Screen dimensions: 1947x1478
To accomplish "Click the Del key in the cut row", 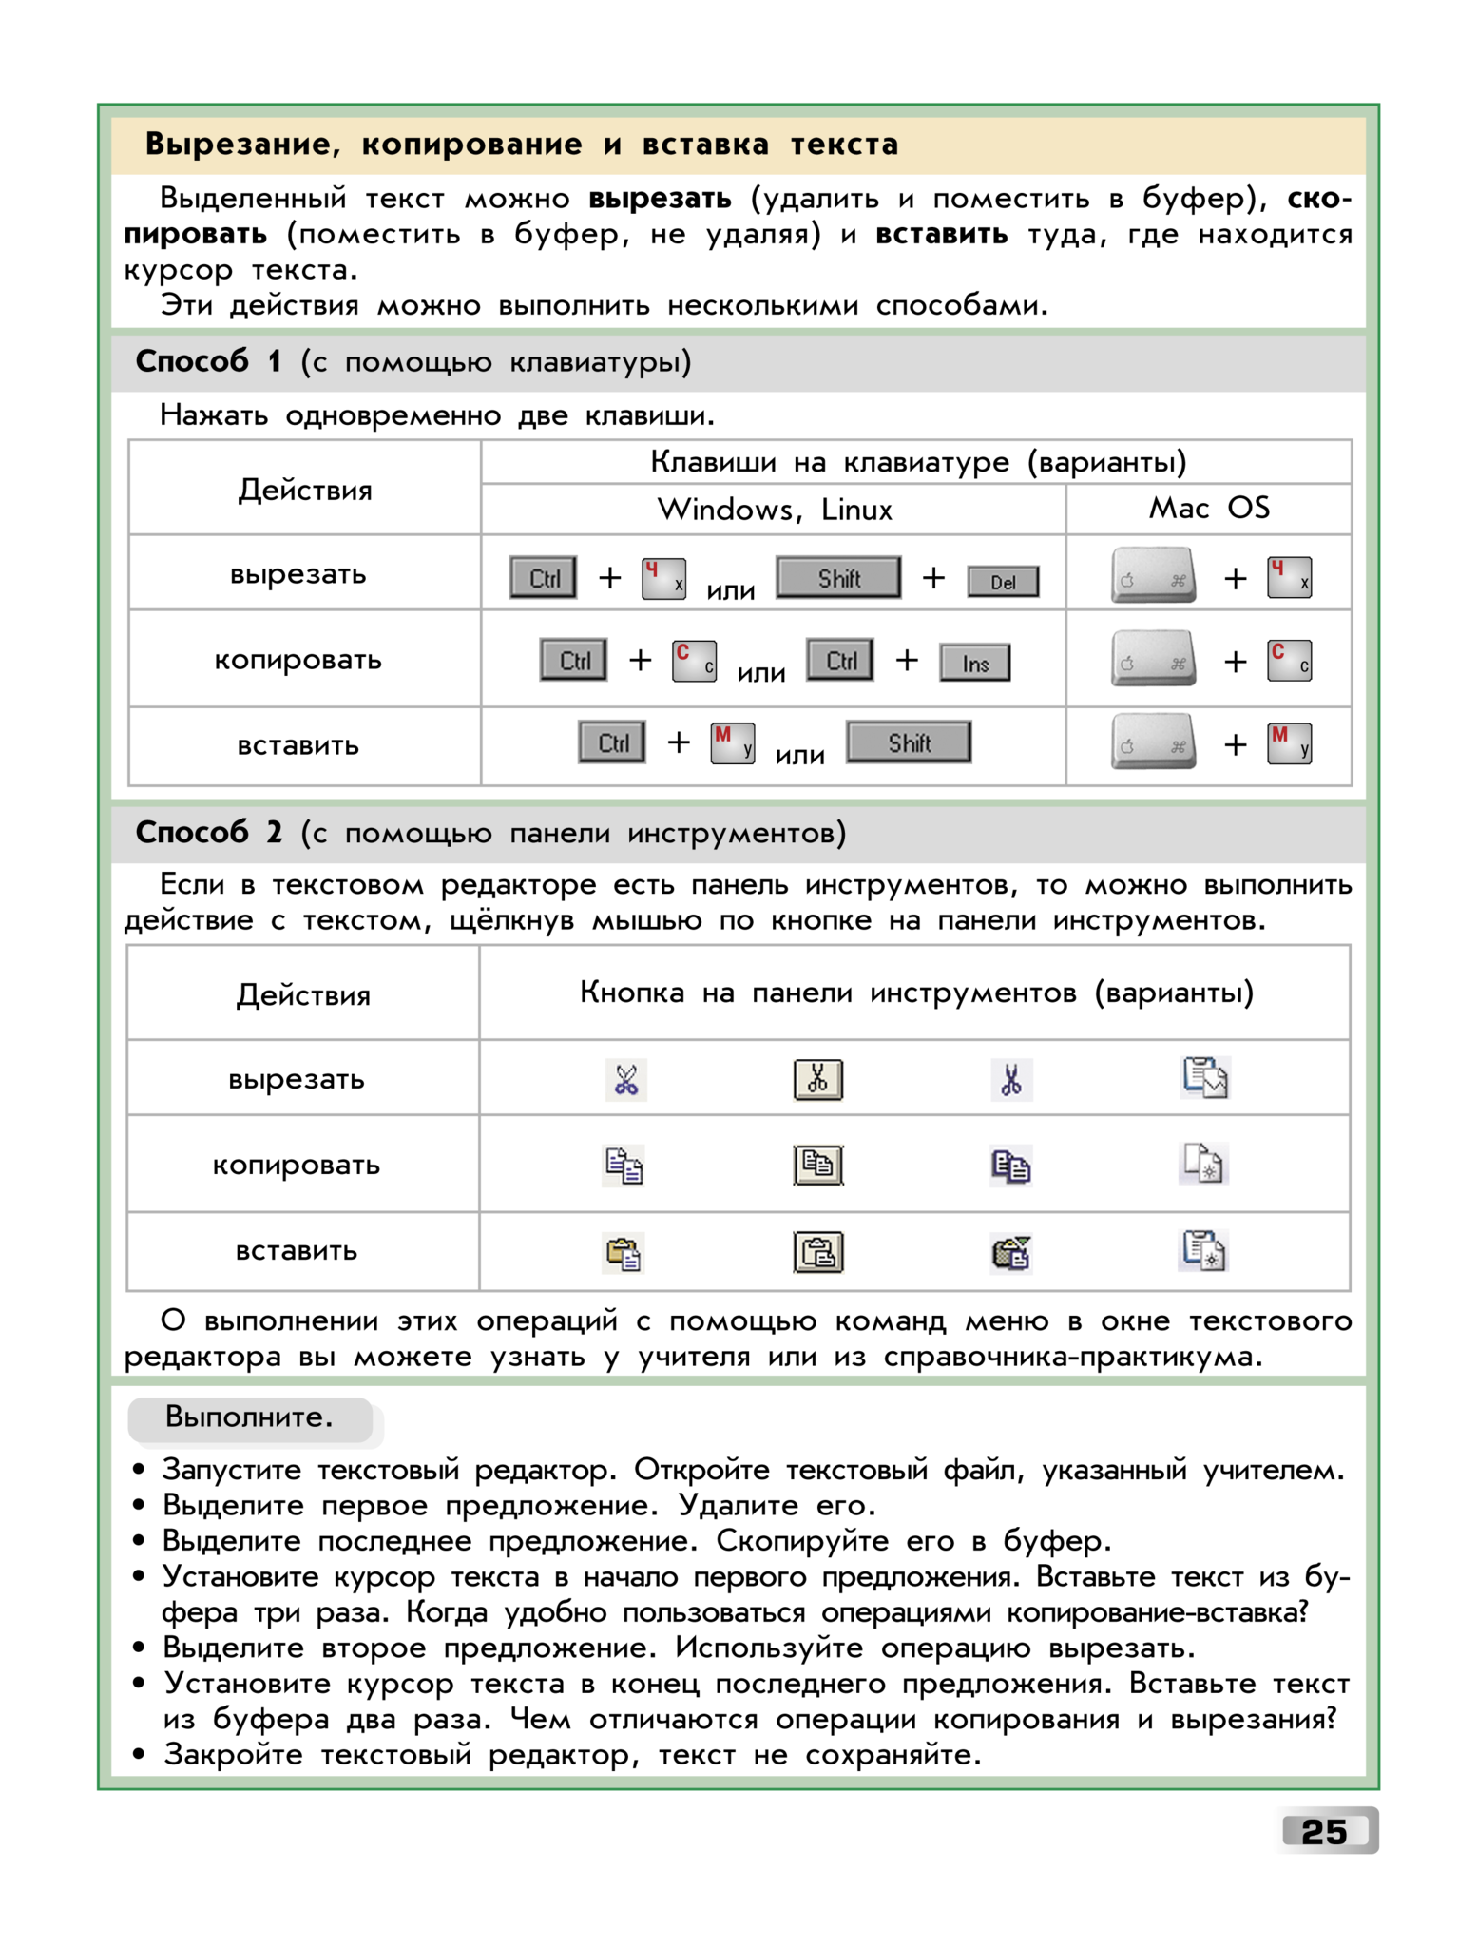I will (1003, 582).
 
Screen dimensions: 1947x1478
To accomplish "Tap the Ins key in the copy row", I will (975, 664).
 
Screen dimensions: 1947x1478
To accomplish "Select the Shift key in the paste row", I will (909, 742).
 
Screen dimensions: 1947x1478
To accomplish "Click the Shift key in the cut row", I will (838, 578).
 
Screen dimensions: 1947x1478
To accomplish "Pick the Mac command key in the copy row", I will (1153, 659).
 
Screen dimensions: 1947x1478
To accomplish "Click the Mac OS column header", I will (1208, 509).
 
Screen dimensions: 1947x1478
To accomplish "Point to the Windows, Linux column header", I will (774, 511).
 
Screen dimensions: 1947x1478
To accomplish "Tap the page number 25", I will (1325, 1831).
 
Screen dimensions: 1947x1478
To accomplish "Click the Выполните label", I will (249, 1417).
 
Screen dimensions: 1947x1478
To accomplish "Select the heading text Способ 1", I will (207, 362).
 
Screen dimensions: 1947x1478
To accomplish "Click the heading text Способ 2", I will (208, 833).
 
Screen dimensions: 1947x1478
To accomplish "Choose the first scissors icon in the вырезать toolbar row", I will (626, 1080).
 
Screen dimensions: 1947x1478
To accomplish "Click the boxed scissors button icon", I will (817, 1080).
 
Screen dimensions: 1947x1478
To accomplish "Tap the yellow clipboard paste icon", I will (624, 1254).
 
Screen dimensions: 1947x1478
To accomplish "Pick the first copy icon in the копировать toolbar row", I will (624, 1166).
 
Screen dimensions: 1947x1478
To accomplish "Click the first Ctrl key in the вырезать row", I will (543, 578).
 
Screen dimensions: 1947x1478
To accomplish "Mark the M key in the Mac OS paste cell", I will (1289, 743).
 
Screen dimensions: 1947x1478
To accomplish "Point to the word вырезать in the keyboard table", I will (298, 575).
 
